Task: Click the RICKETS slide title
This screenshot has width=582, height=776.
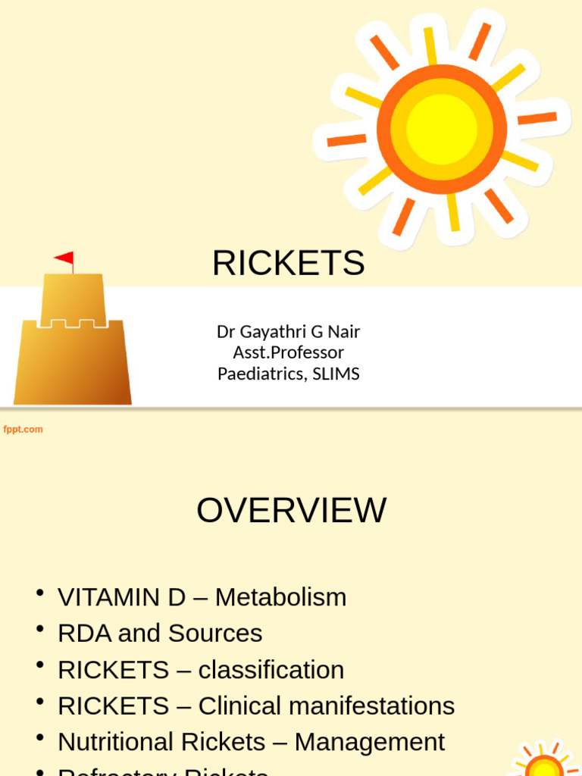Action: coord(288,264)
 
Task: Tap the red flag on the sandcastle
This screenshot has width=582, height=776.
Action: coord(65,258)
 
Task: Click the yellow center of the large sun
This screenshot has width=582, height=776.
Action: coord(441,130)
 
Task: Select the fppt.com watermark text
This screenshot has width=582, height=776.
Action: coord(23,430)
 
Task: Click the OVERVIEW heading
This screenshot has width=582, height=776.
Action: coord(291,511)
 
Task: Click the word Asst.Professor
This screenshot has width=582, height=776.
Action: coord(288,352)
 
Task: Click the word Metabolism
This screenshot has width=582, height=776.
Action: coord(280,597)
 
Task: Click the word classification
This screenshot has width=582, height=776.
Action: coord(271,670)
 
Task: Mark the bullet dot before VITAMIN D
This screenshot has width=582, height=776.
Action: coord(40,593)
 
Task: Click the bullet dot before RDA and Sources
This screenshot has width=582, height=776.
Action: coord(40,629)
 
